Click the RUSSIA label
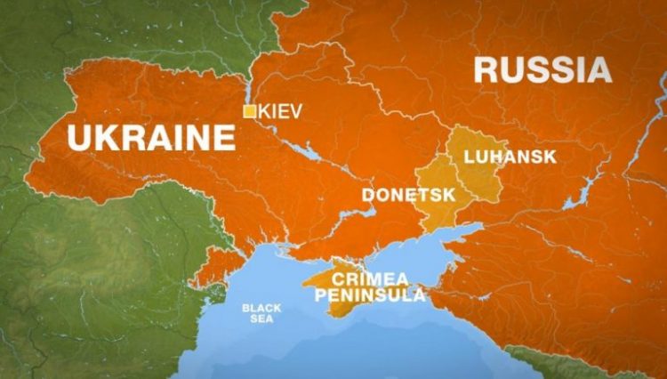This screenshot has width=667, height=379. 542,70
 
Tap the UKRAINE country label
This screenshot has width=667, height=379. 151,139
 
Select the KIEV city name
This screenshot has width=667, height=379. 281,111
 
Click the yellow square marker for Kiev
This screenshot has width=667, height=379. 251,111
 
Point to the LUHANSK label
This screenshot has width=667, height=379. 510,157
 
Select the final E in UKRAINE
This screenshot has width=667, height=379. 226,139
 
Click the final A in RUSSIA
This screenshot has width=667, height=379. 599,70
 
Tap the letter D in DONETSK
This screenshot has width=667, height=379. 367,194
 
